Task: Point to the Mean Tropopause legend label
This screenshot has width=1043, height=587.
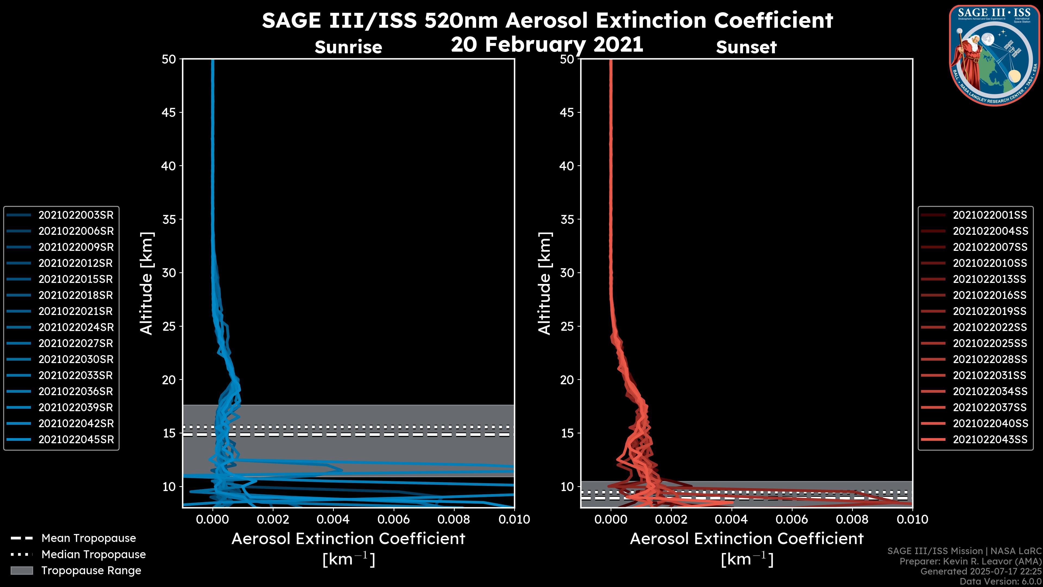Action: pos(89,538)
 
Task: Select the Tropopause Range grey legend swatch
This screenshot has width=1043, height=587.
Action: pos(21,570)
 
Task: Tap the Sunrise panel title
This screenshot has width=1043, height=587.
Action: pos(348,47)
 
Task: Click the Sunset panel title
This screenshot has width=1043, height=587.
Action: pos(746,47)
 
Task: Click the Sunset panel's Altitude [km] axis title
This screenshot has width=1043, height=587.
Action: pos(545,283)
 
